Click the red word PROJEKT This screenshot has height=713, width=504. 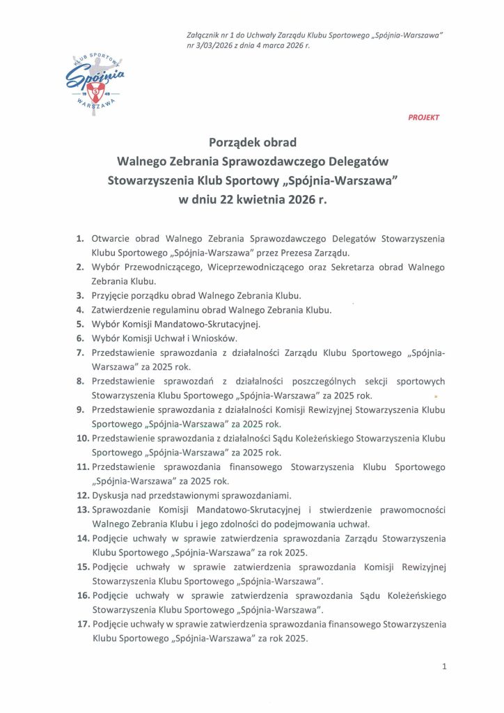coord(423,118)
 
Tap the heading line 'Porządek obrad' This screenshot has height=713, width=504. coord(253,143)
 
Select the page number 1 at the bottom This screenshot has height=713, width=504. coord(443,666)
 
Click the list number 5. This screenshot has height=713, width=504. coord(80,324)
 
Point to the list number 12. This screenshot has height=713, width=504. coord(83,495)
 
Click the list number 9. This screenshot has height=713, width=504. coord(80,409)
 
